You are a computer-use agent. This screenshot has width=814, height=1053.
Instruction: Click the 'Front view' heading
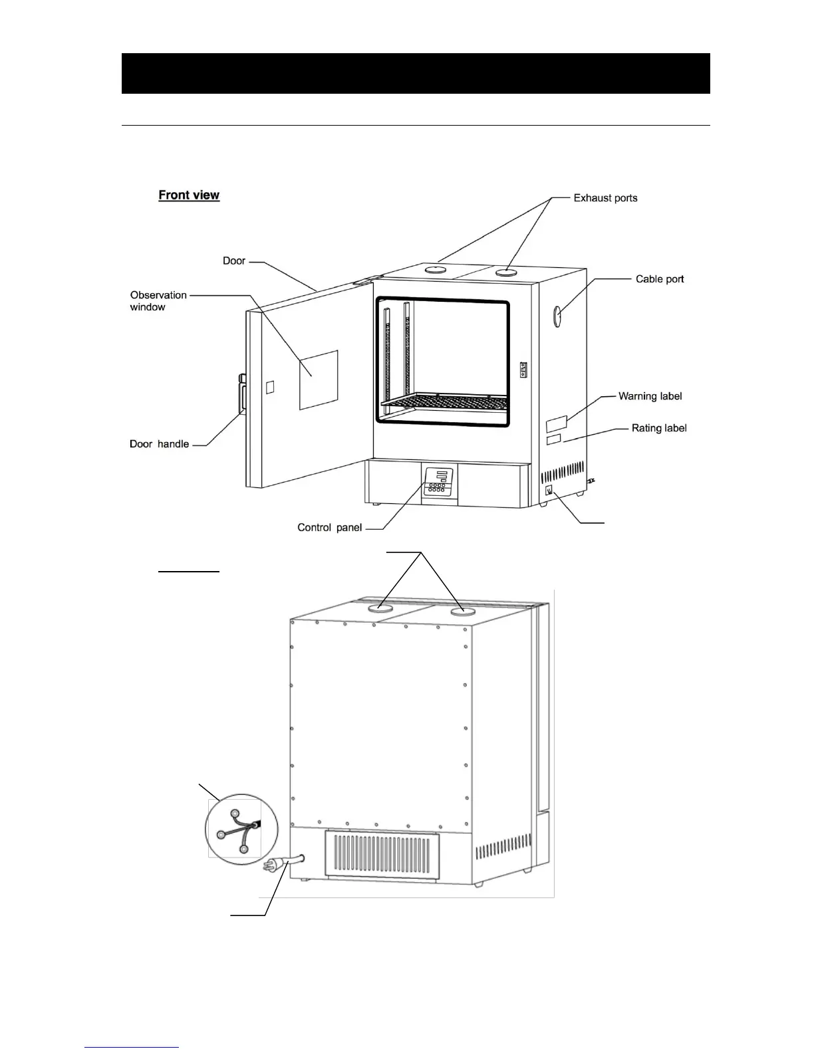point(189,195)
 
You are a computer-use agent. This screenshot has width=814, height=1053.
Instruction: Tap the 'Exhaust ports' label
point(605,198)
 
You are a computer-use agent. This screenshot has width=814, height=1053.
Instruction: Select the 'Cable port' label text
point(660,279)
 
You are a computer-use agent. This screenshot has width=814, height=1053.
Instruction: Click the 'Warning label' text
point(650,396)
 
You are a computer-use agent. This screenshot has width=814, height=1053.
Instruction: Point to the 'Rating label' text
point(659,428)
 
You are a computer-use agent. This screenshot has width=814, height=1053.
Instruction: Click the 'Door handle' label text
point(159,444)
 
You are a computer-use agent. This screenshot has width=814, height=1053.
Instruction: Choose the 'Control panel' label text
point(329,528)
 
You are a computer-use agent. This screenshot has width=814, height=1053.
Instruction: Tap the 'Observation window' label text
point(158,301)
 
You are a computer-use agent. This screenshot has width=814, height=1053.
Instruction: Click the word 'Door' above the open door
point(234,261)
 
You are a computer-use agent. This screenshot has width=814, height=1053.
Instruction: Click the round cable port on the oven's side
point(557,316)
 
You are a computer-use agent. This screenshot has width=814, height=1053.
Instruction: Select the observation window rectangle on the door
point(318,380)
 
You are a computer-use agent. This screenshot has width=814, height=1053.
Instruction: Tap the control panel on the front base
point(438,482)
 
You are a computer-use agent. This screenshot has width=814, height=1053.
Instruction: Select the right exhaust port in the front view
point(506,271)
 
